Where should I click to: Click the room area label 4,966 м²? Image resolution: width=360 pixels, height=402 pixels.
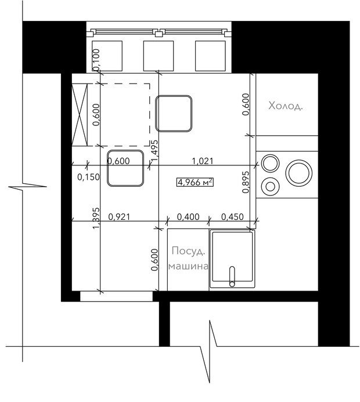coord(195,182)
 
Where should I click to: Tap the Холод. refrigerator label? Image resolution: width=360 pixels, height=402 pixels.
coord(286,106)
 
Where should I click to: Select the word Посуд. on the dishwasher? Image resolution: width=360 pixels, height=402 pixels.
coord(189,251)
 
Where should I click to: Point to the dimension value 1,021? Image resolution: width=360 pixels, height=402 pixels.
coord(203,161)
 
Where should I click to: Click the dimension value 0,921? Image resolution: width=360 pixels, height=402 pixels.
coord(119,217)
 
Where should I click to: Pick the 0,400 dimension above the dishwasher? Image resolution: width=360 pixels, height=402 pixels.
coord(188,217)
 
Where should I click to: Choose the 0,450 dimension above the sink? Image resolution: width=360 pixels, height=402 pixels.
coord(232,217)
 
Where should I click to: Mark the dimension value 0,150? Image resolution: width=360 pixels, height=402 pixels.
coord(88,177)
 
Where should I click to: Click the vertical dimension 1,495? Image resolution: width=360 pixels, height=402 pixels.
coord(154,151)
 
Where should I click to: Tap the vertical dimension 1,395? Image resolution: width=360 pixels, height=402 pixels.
coord(96,218)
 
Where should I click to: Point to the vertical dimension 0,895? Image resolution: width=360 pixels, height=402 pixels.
coord(246,182)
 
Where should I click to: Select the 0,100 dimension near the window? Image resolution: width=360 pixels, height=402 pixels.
coord(96,60)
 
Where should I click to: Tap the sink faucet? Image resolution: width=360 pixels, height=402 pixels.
coord(232,277)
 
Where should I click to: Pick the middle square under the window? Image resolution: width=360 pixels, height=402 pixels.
coord(159,56)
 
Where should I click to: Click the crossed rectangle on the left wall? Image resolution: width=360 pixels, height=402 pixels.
coord(80,115)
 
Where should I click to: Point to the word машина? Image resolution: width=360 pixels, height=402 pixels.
coord(188,266)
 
